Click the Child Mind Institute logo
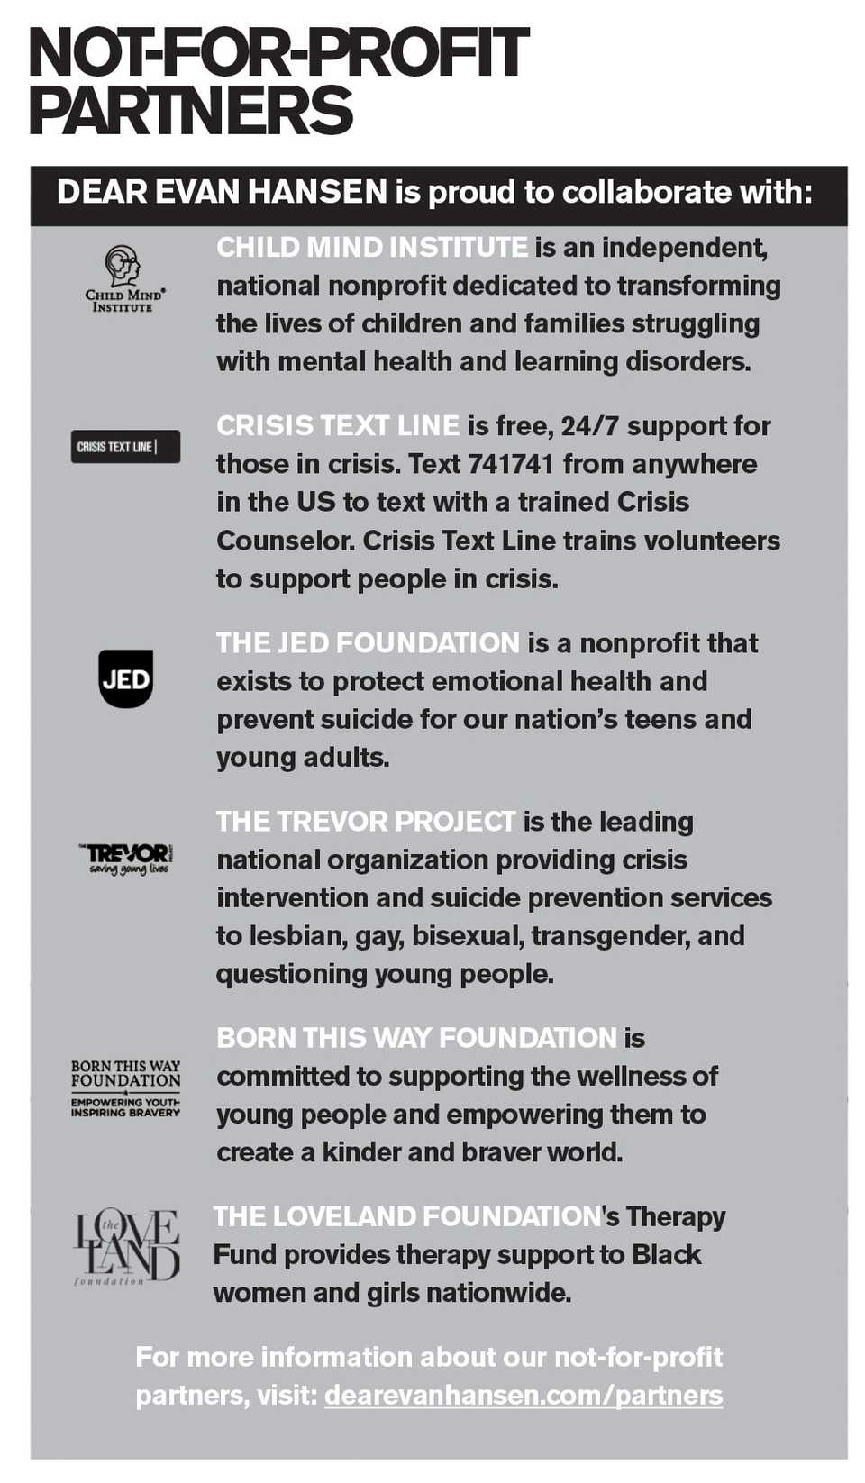[124, 279]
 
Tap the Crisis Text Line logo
[125, 447]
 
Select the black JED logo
[125, 678]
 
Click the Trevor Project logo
[125, 858]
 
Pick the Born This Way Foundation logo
[125, 1088]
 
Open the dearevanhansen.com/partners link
[523, 1396]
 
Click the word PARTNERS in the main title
[191, 111]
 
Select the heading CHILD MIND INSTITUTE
[371, 247]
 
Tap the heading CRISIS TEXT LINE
[338, 426]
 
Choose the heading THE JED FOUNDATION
[368, 643]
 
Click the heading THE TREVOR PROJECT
[365, 822]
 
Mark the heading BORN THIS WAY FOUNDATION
[416, 1038]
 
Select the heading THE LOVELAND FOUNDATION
[406, 1216]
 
